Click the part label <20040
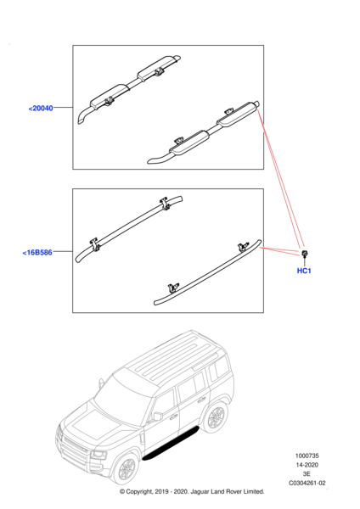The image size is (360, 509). point(41,108)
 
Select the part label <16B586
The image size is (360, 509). point(37,252)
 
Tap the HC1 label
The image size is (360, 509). point(304,271)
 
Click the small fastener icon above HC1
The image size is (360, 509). point(304,255)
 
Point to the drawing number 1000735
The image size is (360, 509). point(307,456)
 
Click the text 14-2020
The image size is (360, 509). point(307,465)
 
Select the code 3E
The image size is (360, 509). point(307,474)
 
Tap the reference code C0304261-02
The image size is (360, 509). point(307,483)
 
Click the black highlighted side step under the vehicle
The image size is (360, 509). point(171,444)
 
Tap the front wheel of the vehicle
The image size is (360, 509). point(126,468)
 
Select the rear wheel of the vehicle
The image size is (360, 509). point(216,417)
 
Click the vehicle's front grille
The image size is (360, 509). point(75,446)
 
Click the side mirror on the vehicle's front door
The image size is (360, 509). point(158,416)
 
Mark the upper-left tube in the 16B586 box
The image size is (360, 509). point(129,228)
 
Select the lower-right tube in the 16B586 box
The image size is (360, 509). point(208,271)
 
